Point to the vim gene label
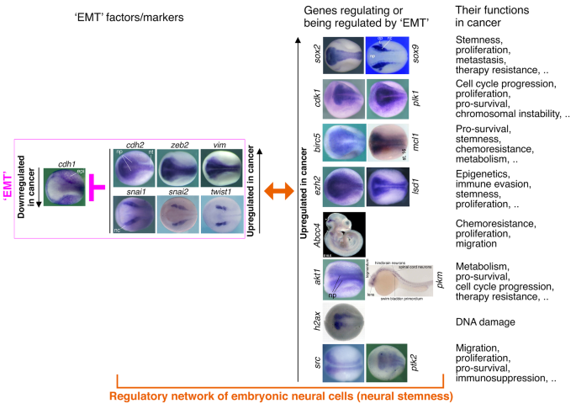point(227,145)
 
